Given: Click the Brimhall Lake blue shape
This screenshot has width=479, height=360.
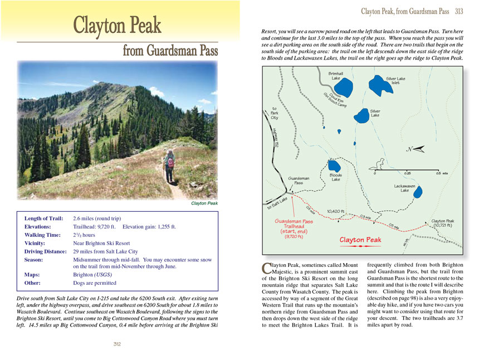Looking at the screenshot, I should (343, 87).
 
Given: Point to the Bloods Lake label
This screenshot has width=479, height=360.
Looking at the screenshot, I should (335, 177).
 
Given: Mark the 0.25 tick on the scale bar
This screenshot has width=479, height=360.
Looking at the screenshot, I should (407, 173).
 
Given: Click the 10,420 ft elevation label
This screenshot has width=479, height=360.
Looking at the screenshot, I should (336, 211).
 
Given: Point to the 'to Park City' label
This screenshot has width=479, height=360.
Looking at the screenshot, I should (274, 113).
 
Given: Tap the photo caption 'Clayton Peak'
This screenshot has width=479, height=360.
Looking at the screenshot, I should (204, 203).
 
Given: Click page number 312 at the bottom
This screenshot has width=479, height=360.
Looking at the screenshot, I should (118, 344).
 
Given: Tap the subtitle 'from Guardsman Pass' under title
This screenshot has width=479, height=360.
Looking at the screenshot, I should (171, 51).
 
